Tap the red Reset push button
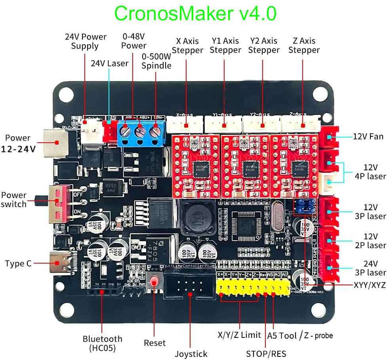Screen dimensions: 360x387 click(154, 281)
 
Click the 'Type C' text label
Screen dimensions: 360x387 click(18, 264)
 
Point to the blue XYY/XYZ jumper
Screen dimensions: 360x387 click(303, 205)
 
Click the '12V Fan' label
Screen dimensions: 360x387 click(368, 136)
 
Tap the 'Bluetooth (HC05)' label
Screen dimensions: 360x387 click(102, 343)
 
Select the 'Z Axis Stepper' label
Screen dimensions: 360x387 click(304, 45)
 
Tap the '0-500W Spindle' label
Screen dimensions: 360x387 click(156, 61)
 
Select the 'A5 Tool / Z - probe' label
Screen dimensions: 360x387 click(300, 335)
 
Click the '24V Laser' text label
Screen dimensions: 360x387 click(109, 63)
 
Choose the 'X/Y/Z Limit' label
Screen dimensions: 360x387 click(239, 335)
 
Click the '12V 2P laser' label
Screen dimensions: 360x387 click(370, 241)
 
